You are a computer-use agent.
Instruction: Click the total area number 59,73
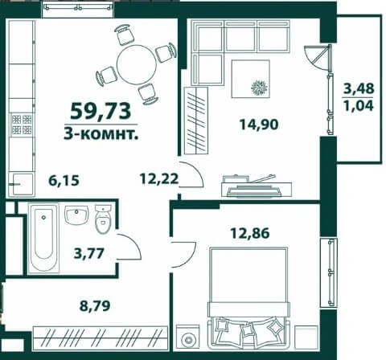click(x=101, y=112)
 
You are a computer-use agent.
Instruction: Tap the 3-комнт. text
click(x=101, y=133)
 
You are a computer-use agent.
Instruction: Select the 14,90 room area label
click(x=259, y=125)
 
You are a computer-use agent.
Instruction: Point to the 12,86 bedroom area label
click(x=250, y=233)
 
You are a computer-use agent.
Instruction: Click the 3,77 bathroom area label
click(x=88, y=253)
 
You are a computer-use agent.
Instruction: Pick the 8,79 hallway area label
click(x=95, y=305)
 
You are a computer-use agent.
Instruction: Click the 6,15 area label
click(x=64, y=180)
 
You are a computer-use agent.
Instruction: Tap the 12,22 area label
click(x=159, y=178)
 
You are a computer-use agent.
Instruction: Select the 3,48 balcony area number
click(x=359, y=88)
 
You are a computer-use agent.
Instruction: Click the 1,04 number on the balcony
click(x=359, y=105)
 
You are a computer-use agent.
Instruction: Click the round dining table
click(x=137, y=64)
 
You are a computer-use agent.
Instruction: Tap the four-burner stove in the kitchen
click(x=22, y=125)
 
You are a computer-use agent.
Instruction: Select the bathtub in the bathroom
click(x=43, y=239)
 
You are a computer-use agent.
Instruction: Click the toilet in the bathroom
click(x=103, y=219)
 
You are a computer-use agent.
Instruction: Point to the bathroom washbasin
click(x=76, y=215)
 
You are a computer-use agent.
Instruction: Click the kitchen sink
click(x=22, y=184)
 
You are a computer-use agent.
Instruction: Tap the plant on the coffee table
click(x=259, y=88)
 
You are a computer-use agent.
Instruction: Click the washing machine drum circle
click(x=187, y=340)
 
